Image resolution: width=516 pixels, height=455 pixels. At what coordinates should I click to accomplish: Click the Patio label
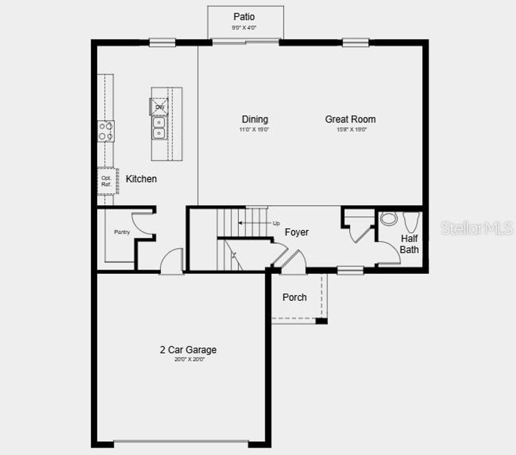tap(244, 17)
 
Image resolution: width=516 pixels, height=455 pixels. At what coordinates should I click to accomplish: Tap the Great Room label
tap(350, 119)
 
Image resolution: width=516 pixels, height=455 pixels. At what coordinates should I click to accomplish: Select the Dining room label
tap(255, 119)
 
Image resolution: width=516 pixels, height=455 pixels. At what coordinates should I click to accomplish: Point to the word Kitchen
tap(141, 179)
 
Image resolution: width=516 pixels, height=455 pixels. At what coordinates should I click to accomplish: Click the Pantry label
tap(121, 232)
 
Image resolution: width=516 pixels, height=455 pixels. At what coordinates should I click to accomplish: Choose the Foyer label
tap(297, 232)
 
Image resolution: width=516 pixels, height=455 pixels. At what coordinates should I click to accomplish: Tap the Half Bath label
tap(409, 244)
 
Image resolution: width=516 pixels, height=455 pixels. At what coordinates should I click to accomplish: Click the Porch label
tap(294, 297)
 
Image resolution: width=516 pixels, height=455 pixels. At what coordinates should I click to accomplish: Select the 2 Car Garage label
tap(188, 350)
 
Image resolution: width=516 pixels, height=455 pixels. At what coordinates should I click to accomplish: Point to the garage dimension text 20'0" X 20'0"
tap(188, 360)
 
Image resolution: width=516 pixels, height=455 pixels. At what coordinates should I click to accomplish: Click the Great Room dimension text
tap(351, 129)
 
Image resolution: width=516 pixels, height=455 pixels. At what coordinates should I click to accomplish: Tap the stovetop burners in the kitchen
tap(106, 131)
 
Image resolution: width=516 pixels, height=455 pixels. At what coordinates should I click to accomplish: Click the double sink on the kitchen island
tap(159, 128)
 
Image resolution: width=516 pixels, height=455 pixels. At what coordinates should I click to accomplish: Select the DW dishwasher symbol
tap(159, 107)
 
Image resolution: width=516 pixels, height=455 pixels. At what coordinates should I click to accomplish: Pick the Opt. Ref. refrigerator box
tap(107, 181)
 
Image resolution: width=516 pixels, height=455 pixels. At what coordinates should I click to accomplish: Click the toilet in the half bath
tap(411, 222)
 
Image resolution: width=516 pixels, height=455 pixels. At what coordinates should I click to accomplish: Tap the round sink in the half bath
tap(388, 219)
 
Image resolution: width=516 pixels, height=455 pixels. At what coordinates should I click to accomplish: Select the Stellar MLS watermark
tap(477, 228)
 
